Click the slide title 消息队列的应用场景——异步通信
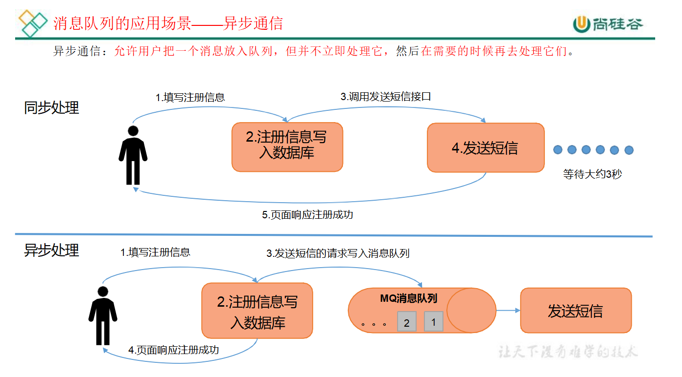168,23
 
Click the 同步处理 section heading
52,108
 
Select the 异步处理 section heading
52,250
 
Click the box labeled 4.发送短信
485,147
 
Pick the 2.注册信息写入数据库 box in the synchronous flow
287,147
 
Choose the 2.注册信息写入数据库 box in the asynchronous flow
257,311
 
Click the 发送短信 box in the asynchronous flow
576,311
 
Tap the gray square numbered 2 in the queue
407,322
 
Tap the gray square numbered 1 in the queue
433,322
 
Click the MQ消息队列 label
408,298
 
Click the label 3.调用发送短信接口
385,97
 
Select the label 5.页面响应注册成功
307,214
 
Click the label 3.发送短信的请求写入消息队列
338,253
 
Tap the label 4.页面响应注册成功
174,350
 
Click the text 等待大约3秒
592,174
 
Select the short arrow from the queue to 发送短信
508,311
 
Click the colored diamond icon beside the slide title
33,22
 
